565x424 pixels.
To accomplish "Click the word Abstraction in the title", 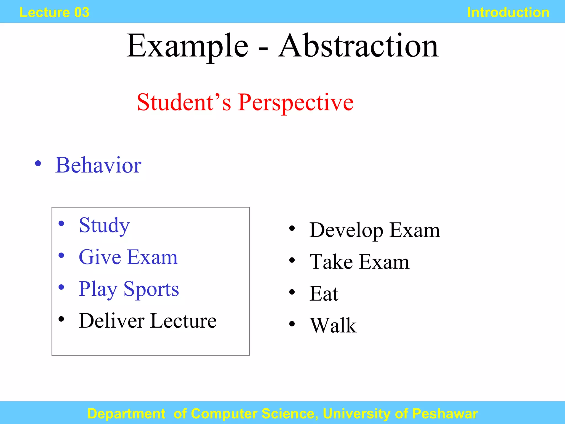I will (358, 46).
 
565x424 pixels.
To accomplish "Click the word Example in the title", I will (187, 46).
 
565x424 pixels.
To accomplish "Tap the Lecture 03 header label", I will (54, 12).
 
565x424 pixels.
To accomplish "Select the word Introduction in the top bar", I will (508, 12).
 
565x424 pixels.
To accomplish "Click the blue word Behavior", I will (98, 165).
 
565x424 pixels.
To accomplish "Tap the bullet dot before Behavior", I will (38, 163).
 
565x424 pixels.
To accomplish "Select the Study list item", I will (104, 226).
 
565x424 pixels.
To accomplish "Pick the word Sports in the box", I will (151, 289).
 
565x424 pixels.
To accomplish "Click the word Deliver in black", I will (111, 321).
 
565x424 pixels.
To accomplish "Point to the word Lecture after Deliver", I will (183, 321).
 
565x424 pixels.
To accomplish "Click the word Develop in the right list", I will (346, 230).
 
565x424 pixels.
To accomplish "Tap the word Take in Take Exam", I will (331, 262).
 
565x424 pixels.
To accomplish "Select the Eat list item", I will (324, 294).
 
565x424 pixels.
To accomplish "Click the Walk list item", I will (333, 325).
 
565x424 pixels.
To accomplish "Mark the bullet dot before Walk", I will (292, 324).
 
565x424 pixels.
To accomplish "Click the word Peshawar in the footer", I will (445, 414).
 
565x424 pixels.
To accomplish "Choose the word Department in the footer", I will (126, 414).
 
